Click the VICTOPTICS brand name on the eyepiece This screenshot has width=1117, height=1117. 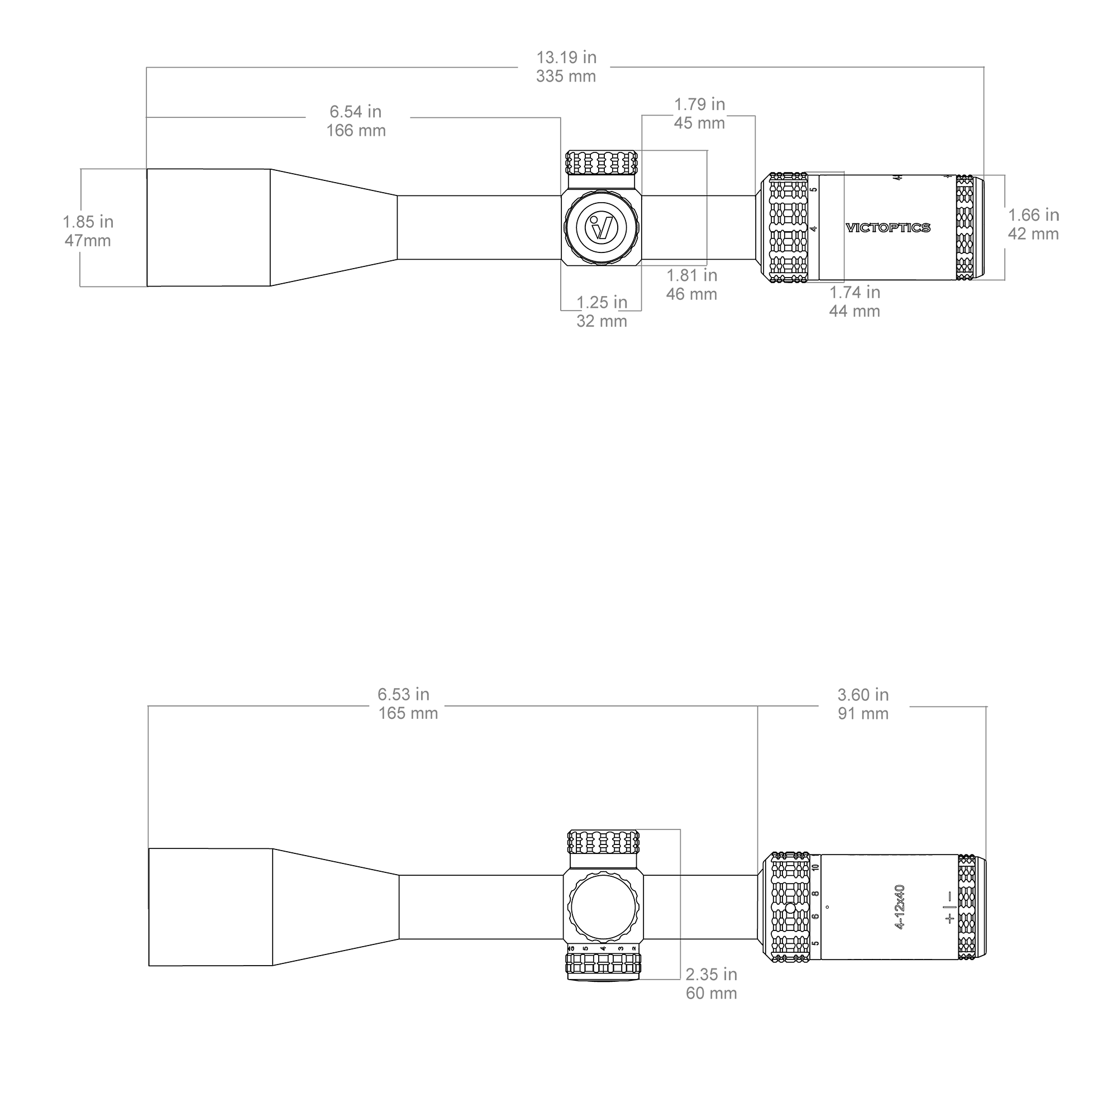[888, 228]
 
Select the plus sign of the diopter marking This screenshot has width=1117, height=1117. [949, 918]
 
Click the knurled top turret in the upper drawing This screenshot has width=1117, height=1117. [602, 163]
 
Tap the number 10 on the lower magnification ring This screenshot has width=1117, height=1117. [815, 868]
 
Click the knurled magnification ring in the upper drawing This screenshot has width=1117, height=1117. [789, 228]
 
